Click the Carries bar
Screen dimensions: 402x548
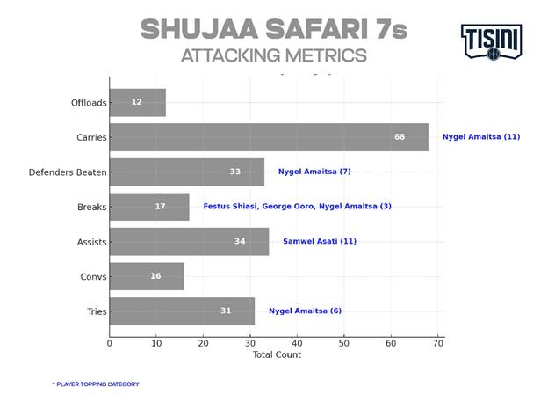click(269, 137)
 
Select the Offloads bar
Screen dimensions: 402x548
click(138, 102)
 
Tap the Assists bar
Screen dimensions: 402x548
click(189, 241)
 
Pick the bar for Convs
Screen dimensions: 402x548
click(147, 276)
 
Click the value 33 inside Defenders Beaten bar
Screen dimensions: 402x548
click(235, 172)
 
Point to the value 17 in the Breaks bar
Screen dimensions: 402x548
click(160, 207)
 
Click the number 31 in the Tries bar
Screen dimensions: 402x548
click(226, 311)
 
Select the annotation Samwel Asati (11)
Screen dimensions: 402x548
click(320, 241)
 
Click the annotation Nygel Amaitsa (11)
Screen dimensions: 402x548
click(481, 137)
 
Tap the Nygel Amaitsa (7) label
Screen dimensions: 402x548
click(314, 172)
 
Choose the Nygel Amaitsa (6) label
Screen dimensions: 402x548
click(305, 311)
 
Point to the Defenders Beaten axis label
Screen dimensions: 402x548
click(68, 172)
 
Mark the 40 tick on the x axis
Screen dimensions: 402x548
click(297, 343)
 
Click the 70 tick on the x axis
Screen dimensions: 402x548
click(437, 343)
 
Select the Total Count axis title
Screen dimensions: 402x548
click(277, 355)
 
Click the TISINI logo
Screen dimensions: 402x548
click(491, 41)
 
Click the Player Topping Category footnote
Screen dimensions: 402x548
click(96, 384)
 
